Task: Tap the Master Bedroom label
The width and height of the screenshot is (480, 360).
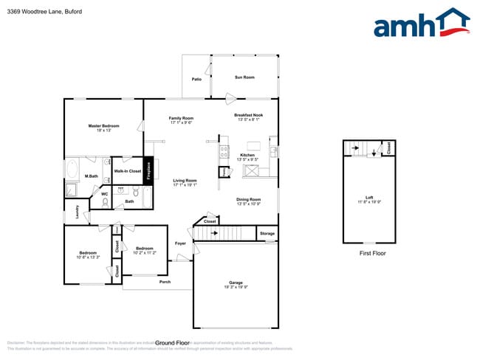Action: [103, 126]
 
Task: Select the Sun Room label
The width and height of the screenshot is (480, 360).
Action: [244, 77]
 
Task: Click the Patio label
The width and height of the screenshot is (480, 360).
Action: [196, 79]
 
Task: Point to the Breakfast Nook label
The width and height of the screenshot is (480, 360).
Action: [248, 115]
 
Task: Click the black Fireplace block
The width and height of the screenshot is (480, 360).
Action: [148, 171]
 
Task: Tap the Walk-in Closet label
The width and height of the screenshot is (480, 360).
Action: [127, 171]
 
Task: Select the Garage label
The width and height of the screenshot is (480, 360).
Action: [236, 284]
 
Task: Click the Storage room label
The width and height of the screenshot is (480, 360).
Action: [267, 234]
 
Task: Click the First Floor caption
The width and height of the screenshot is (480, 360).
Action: [373, 253]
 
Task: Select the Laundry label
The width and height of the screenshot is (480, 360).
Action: [77, 212]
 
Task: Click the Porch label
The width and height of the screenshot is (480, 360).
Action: [165, 281]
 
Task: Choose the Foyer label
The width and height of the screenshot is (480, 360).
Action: [180, 243]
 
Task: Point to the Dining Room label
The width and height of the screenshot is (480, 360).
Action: [248, 199]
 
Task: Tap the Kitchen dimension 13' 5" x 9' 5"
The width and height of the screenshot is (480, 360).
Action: [247, 159]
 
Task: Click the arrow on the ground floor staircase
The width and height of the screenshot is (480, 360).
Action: [215, 234]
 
